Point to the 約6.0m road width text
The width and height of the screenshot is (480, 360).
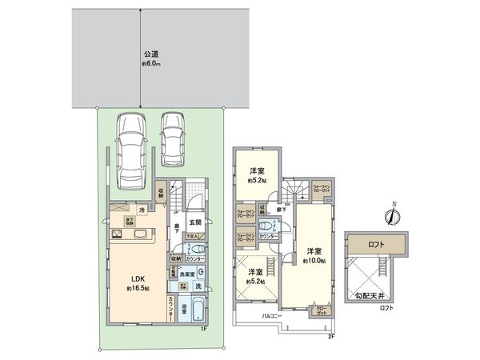151,66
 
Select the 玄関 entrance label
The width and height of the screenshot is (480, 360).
195,222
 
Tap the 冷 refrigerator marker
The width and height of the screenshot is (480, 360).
141,210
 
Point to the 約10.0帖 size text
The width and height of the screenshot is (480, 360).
313,261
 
